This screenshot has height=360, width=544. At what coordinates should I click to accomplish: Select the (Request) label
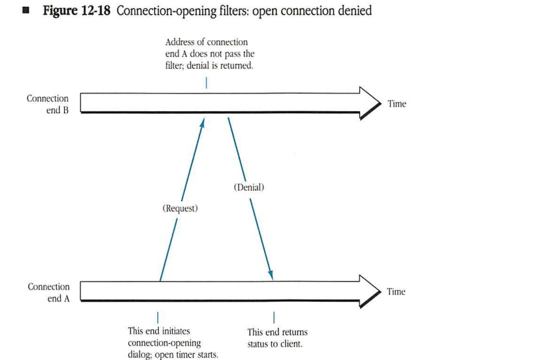[180, 208]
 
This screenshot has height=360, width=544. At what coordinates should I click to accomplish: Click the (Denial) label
[249, 187]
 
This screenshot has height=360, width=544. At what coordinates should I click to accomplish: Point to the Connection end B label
[48, 104]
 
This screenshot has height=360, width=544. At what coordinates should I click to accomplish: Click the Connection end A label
[48, 292]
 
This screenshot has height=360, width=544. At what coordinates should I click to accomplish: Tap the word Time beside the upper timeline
[396, 104]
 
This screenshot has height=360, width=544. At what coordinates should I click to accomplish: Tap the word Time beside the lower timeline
[396, 291]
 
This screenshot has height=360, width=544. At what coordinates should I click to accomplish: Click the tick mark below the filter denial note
[206, 82]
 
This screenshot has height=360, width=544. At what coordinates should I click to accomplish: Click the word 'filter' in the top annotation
[176, 65]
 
